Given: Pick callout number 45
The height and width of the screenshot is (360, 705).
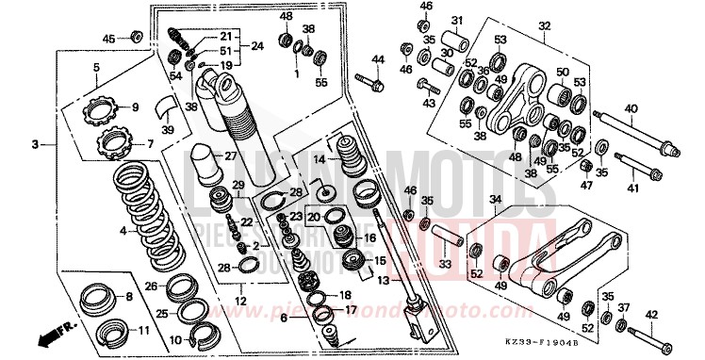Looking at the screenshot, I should pyautogui.click(x=108, y=38).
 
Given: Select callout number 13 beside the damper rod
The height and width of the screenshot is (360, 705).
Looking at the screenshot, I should pyautogui.click(x=382, y=282).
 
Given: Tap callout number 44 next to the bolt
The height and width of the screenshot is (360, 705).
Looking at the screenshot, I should pyautogui.click(x=378, y=61).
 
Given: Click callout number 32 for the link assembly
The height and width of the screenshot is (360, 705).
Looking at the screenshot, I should pyautogui.click(x=544, y=26).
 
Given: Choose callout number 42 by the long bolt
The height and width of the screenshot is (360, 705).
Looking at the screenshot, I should pyautogui.click(x=652, y=315).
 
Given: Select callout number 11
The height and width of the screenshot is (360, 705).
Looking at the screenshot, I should pyautogui.click(x=142, y=331).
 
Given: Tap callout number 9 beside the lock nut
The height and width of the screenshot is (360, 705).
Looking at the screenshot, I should pyautogui.click(x=134, y=106).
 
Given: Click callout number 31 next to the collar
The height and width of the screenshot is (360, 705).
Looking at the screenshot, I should pyautogui.click(x=456, y=21).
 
